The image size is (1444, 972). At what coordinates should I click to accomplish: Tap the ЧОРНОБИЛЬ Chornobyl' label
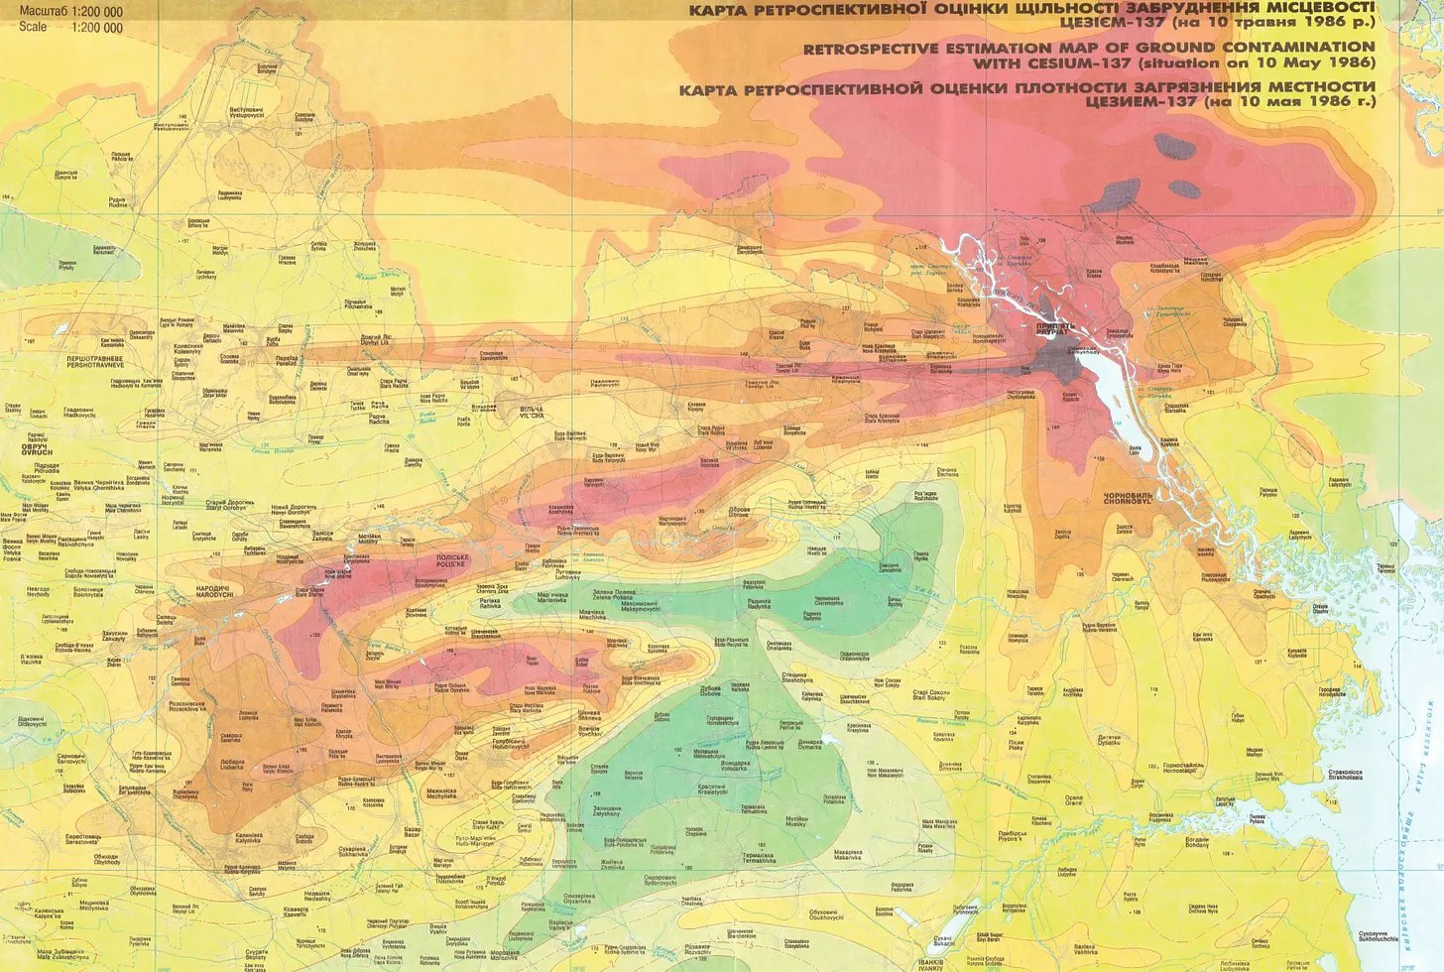1128,498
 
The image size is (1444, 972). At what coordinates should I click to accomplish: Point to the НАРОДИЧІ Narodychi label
214,591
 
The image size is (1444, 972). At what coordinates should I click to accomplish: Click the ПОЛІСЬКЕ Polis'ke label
452,560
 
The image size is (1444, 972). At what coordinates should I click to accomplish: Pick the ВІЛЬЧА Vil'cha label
532,413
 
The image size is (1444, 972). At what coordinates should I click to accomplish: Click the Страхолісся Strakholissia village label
1345,774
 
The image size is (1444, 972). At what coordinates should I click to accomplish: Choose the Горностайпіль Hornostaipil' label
1182,768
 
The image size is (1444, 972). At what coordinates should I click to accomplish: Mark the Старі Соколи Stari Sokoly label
931,695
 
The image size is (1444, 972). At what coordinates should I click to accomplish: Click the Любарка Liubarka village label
232,765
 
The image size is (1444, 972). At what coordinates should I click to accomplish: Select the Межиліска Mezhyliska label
441,792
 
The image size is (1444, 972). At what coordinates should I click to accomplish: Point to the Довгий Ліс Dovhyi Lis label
375,339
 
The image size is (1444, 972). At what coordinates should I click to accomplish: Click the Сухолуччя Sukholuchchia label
1379,935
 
